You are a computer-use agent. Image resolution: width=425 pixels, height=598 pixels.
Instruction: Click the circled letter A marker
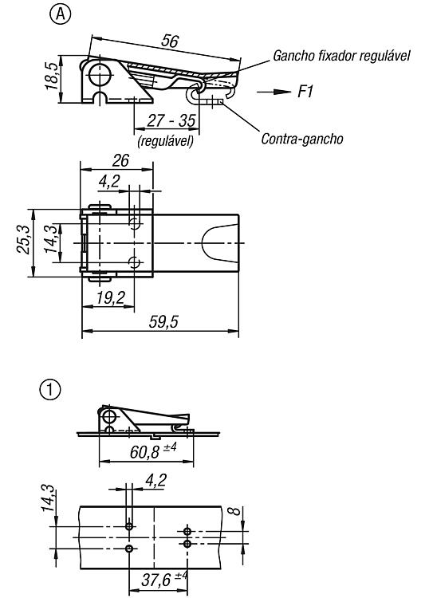click(x=61, y=15)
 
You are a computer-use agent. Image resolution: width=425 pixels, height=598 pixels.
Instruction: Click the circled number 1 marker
click(x=50, y=390)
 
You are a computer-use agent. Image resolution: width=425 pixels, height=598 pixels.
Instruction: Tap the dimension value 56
click(x=169, y=41)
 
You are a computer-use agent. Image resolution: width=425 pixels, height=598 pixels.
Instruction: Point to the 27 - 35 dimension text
click(x=171, y=121)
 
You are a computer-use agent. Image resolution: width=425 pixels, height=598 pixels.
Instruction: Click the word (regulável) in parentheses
click(x=166, y=141)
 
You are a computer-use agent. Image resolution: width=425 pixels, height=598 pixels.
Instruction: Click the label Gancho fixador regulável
click(x=341, y=56)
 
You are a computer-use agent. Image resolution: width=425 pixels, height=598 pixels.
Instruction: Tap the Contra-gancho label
click(x=302, y=139)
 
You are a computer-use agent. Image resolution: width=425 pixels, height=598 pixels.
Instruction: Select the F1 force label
click(x=305, y=92)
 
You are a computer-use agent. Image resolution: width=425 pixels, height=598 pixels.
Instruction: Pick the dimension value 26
click(x=120, y=160)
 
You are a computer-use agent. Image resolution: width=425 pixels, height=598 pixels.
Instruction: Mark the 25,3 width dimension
click(x=22, y=239)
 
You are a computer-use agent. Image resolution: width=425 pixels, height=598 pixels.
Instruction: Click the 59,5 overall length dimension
click(x=163, y=321)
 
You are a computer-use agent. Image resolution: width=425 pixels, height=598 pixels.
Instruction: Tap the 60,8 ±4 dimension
click(x=153, y=452)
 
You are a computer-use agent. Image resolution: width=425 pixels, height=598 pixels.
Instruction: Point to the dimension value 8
click(x=236, y=510)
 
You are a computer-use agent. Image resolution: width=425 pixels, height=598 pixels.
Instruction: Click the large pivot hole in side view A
click(x=99, y=73)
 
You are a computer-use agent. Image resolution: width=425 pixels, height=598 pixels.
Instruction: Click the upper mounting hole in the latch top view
click(x=135, y=223)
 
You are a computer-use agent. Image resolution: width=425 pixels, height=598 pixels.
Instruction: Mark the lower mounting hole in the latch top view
click(x=135, y=262)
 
